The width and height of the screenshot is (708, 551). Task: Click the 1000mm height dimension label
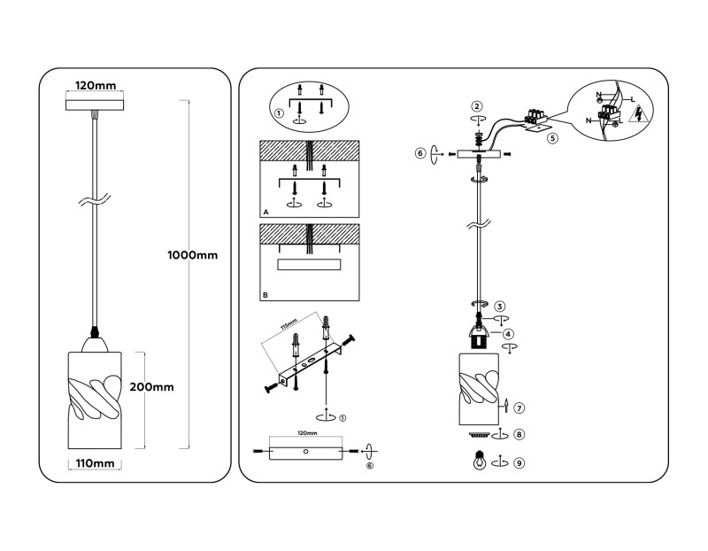tap(192, 255)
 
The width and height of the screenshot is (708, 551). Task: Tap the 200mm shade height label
tap(152, 386)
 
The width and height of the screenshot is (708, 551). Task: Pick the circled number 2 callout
tap(476, 106)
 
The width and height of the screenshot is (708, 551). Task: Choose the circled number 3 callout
tap(500, 306)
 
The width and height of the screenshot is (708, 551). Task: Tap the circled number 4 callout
tap(509, 334)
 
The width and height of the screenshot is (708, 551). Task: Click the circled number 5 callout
tap(552, 138)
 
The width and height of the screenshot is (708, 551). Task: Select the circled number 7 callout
tap(519, 408)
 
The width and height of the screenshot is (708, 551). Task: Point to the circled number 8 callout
tap(519, 435)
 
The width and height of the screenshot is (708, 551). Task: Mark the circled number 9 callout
tap(519, 462)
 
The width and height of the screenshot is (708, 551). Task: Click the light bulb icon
tap(479, 461)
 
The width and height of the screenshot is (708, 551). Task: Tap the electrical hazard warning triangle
tap(642, 112)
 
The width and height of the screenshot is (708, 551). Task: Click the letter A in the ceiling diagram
tap(265, 213)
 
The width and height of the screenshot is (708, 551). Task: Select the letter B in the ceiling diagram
tap(265, 293)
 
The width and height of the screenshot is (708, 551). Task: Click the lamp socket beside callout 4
tap(479, 337)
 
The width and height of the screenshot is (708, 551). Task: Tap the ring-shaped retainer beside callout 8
tap(478, 435)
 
